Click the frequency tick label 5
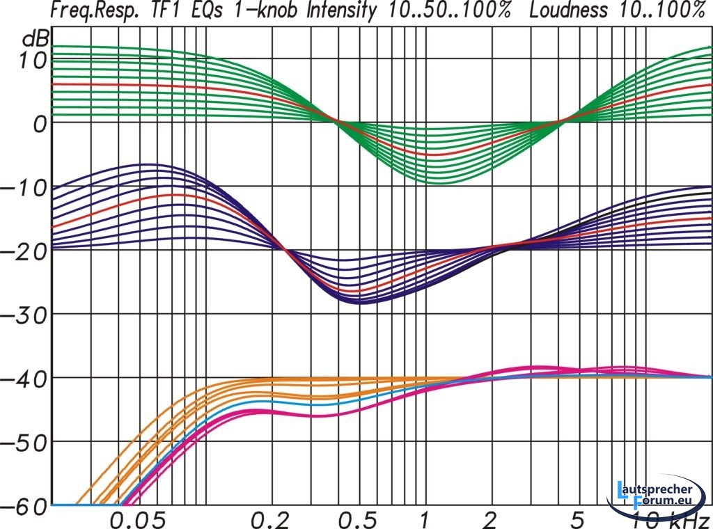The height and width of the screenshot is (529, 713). coord(575,519)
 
